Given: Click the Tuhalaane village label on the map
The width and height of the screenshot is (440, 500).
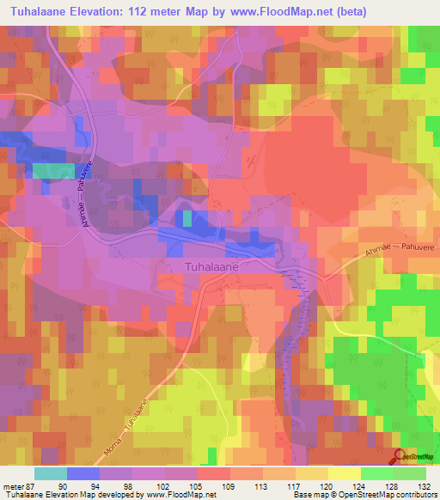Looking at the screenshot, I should tap(212, 267).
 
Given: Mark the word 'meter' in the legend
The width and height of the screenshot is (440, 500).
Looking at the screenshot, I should tap(11, 485).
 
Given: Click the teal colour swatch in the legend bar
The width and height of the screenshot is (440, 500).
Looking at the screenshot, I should tap(51, 473).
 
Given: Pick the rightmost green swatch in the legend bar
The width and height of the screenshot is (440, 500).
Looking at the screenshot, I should tap(410, 473).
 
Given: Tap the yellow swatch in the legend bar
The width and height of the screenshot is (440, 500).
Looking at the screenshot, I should tap(345, 473).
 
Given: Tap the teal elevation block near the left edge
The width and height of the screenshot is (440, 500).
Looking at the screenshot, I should tap(53, 170).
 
